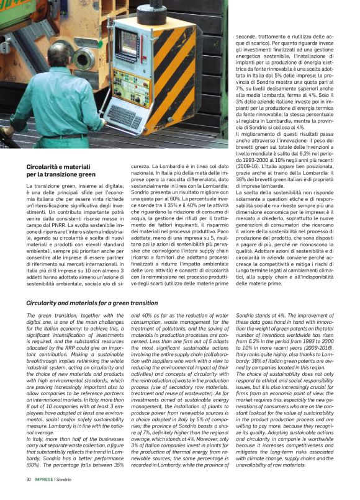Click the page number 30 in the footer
tap(29, 480)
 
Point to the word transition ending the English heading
tap(144, 303)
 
